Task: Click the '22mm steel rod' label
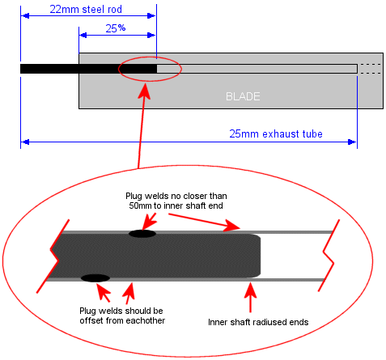[x=86, y=9]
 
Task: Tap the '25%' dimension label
[x=116, y=28]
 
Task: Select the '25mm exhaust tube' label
[x=276, y=133]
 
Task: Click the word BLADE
[x=243, y=96]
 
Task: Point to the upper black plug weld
[x=142, y=234]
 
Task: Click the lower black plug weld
[x=95, y=278]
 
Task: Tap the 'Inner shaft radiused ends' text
[x=258, y=322]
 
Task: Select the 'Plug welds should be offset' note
[x=122, y=316]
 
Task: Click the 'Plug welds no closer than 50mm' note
[x=176, y=201]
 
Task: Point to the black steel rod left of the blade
[x=49, y=69]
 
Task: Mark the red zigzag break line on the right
[x=329, y=255]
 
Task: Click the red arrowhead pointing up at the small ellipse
[x=146, y=91]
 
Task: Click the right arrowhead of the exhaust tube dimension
[x=352, y=142]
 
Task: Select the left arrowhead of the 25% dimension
[x=83, y=36]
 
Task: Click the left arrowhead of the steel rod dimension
[x=25, y=16]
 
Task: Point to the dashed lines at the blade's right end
[x=371, y=69]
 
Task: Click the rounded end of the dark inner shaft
[x=257, y=256]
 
